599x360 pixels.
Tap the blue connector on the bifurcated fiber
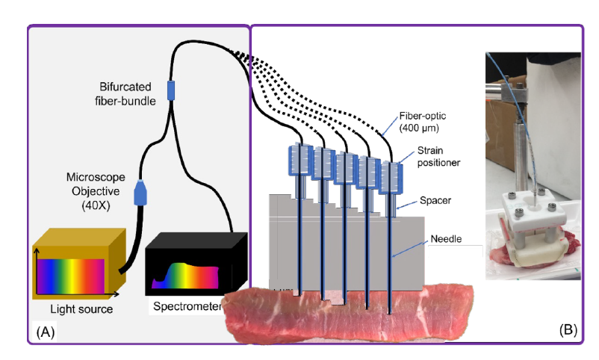170,90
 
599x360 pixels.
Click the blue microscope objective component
140,193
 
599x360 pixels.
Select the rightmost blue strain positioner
391,176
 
